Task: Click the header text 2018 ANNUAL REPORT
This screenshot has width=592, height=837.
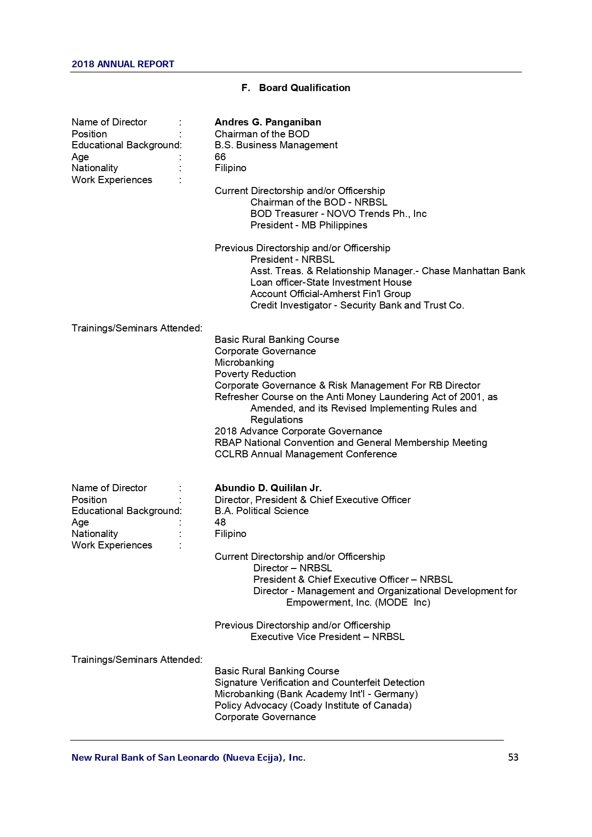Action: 123,64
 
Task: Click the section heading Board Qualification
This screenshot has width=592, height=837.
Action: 304,88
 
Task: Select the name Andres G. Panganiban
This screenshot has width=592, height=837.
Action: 268,122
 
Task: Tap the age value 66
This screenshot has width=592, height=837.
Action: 220,157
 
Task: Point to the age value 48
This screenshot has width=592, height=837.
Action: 220,522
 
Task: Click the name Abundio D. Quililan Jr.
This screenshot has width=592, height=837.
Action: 268,488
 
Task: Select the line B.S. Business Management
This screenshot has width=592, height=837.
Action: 276,145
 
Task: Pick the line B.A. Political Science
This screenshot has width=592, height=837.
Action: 261,511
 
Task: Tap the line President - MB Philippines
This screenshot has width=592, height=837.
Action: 309,225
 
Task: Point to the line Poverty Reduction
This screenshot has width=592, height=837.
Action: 255,374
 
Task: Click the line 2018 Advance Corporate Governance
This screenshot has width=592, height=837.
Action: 298,431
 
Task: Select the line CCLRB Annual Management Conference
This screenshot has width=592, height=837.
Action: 305,454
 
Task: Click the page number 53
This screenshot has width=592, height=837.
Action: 513,757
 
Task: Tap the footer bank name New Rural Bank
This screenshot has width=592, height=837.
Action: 188,757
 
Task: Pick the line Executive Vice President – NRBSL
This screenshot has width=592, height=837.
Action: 327,637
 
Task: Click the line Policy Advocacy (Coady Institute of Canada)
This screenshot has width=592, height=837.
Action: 313,705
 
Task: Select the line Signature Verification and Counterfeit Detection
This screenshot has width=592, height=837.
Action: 319,682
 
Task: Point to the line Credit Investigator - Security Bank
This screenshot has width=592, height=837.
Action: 357,305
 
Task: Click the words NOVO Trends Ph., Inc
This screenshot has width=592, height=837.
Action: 376,214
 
